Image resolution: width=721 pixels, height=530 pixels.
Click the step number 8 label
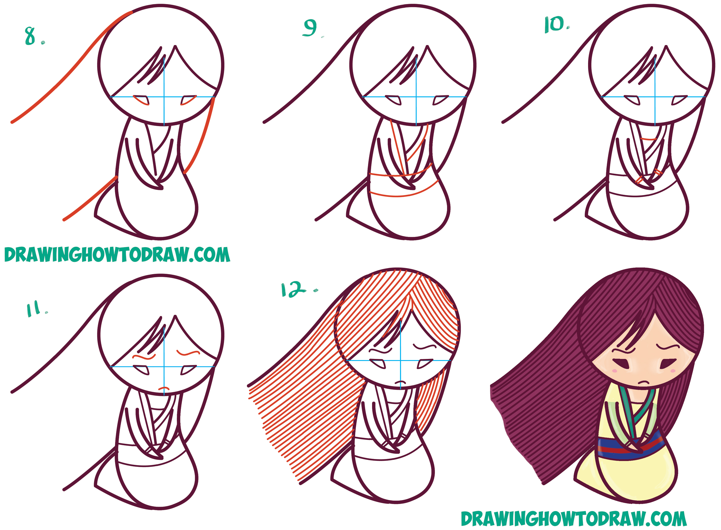pos(31,36)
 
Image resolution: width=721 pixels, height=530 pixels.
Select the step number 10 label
pos(555,25)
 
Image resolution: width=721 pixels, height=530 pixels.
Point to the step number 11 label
pos(34,309)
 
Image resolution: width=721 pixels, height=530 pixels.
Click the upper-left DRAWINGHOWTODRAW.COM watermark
pos(117,255)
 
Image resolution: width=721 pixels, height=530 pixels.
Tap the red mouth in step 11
pos(164,389)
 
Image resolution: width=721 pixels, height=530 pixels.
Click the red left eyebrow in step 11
pos(144,356)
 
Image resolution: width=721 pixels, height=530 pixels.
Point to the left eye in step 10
pos(632,100)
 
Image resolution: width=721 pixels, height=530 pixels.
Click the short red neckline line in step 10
pos(649,139)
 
